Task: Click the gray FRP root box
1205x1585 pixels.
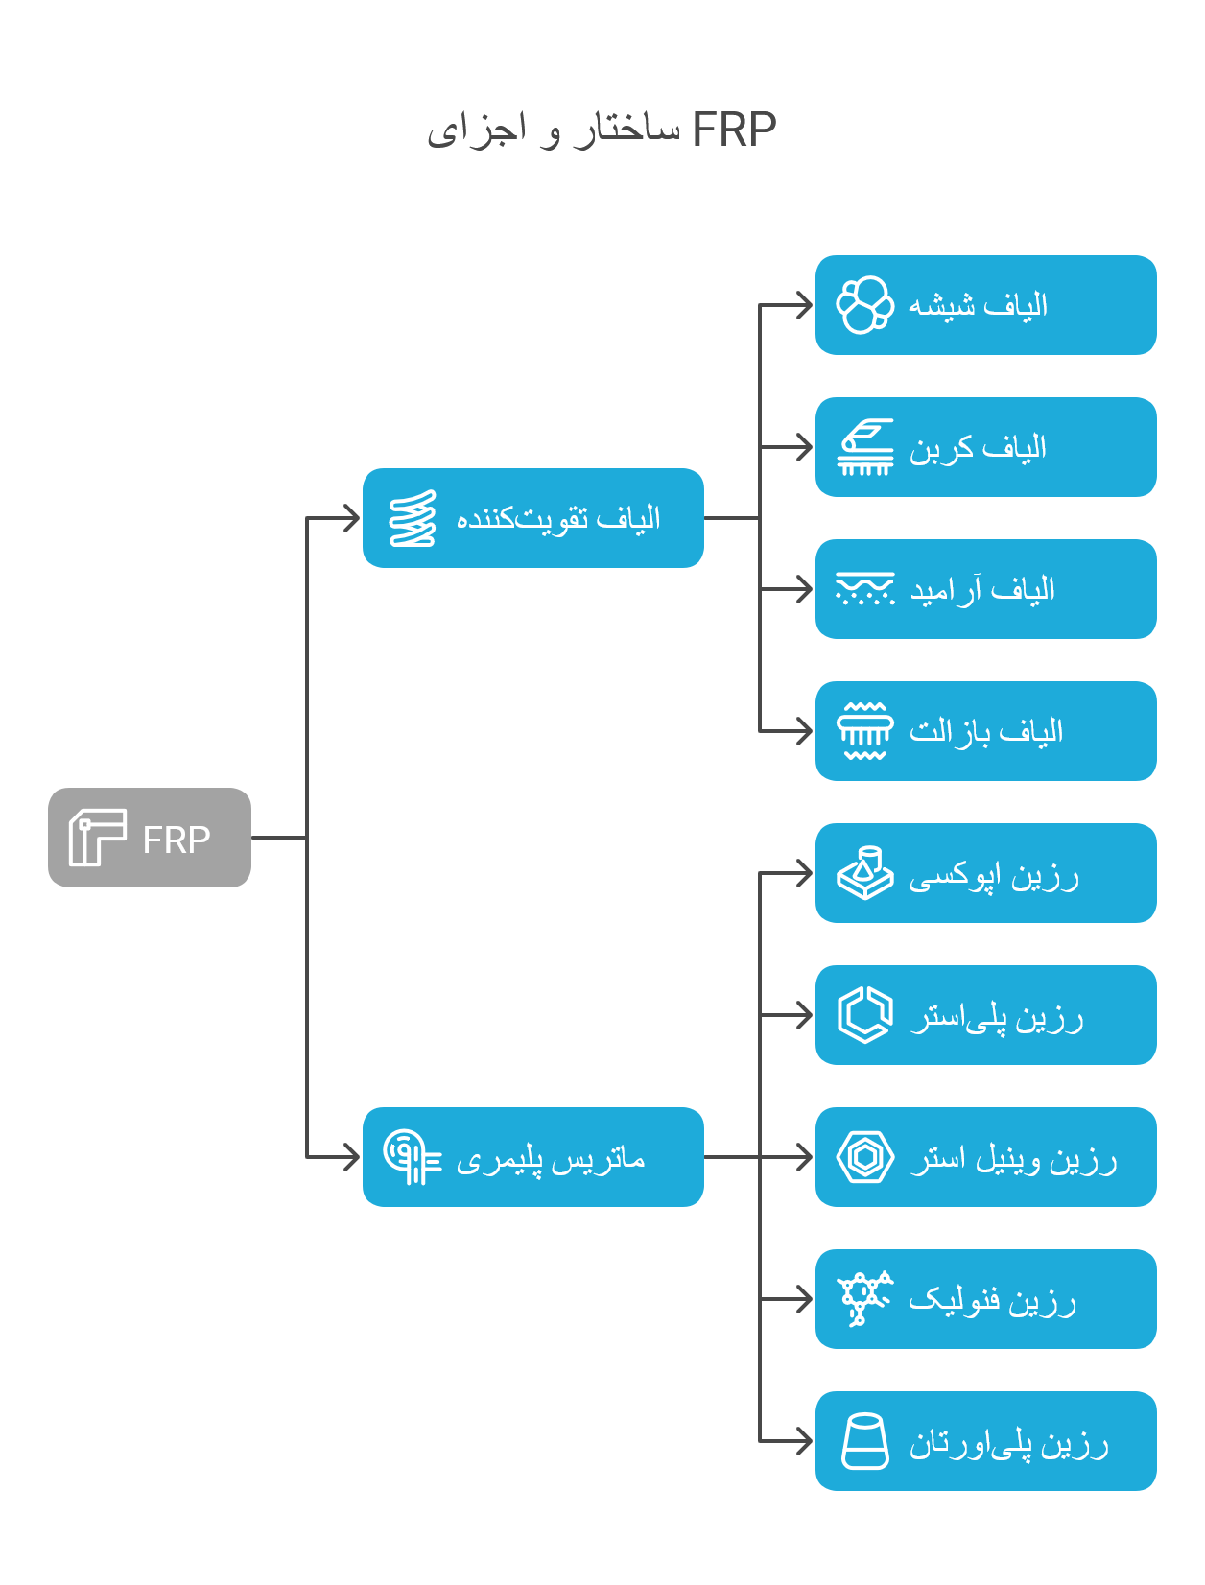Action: pyautogui.click(x=149, y=837)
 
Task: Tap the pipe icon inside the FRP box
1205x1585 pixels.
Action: pyautogui.click(x=98, y=837)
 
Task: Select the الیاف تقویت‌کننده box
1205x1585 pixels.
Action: pyautogui.click(x=532, y=518)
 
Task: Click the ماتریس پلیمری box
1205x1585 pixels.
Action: pyautogui.click(x=532, y=1157)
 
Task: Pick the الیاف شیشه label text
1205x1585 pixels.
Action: pyautogui.click(x=978, y=305)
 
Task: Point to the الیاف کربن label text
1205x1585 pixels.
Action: pyautogui.click(x=978, y=448)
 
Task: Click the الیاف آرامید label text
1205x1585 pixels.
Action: pyautogui.click(x=982, y=590)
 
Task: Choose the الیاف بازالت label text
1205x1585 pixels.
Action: pyautogui.click(x=986, y=731)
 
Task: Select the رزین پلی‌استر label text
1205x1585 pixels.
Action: pyautogui.click(x=997, y=1018)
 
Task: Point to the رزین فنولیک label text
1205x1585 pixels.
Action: pyautogui.click(x=993, y=1300)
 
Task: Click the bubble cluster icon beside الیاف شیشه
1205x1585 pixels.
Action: pyautogui.click(x=865, y=305)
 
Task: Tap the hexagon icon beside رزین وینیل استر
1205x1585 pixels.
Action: pyautogui.click(x=865, y=1157)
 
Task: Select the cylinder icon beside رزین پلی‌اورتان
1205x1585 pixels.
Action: pyautogui.click(x=865, y=1440)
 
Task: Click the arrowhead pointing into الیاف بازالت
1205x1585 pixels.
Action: pyautogui.click(x=804, y=731)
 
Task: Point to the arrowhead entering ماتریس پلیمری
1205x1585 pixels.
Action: pyautogui.click(x=351, y=1157)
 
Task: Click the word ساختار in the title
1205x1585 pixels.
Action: pyautogui.click(x=627, y=130)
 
